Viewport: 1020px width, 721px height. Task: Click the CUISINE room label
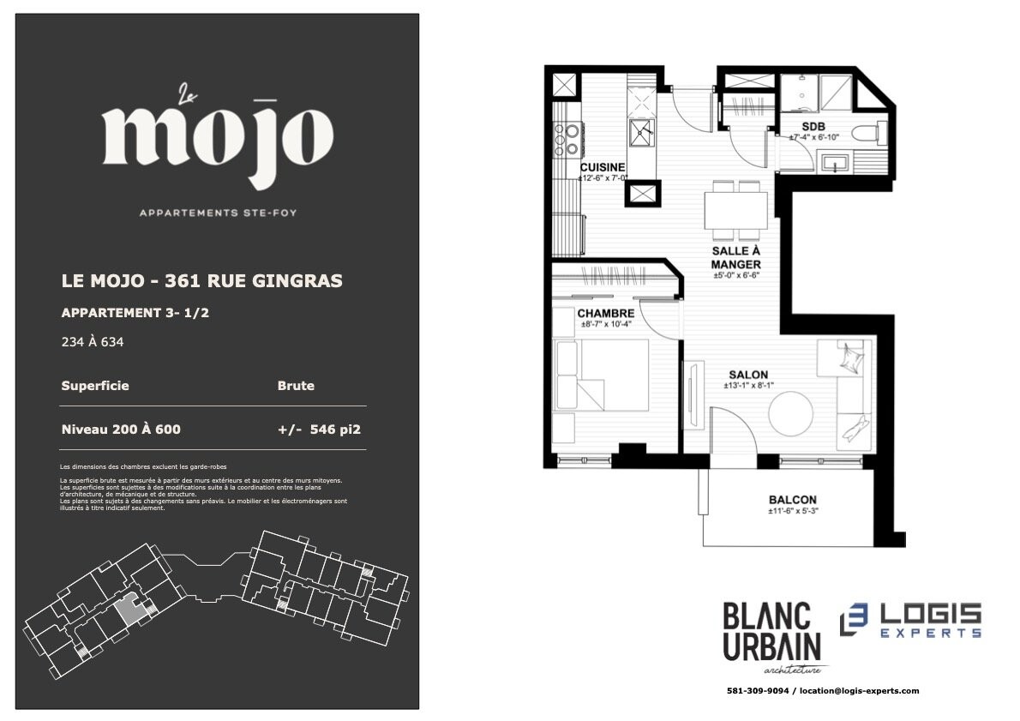(603, 167)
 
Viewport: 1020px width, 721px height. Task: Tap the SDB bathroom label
(813, 127)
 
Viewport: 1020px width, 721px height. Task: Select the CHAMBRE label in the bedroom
(606, 314)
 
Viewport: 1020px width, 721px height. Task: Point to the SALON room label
(748, 375)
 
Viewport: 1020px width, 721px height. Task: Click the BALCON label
(792, 500)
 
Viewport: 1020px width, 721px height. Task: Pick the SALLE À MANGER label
(735, 258)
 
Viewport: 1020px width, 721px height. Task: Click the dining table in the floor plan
(735, 210)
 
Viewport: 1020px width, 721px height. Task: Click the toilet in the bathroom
(867, 134)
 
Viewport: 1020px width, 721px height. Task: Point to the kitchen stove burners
(566, 140)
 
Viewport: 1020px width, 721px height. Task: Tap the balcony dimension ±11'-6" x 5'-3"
(792, 512)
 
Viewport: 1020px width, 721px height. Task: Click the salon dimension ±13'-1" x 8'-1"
(748, 386)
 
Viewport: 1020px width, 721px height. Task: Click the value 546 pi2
(335, 430)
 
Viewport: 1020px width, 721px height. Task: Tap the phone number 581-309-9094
(757, 691)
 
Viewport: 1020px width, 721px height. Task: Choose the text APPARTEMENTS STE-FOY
(218, 213)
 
